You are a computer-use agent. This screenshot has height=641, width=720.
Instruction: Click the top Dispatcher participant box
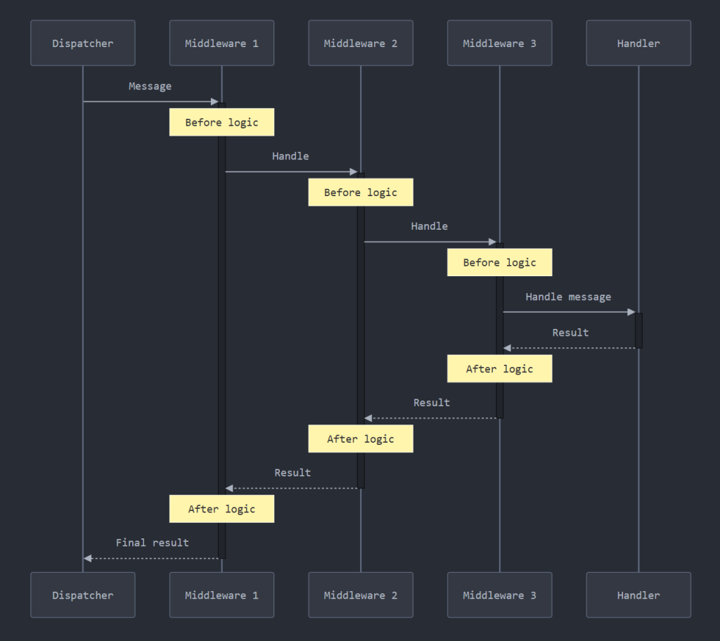point(82,43)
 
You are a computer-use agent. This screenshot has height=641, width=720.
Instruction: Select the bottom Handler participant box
point(638,595)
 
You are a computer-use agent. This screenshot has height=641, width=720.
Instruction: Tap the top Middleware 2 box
point(360,43)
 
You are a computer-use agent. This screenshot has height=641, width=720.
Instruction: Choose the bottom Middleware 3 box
point(499,595)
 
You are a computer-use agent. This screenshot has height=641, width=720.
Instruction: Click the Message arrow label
point(150,86)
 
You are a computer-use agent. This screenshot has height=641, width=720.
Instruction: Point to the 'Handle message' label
point(568,297)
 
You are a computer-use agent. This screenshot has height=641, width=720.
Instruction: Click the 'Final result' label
point(152,543)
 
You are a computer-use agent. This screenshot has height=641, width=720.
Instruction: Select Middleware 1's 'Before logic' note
point(221,122)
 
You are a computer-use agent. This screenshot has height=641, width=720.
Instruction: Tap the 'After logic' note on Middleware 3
point(499,368)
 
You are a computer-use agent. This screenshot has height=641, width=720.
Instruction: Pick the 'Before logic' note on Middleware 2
point(360,193)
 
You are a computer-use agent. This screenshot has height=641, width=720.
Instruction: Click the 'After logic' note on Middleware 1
point(221,509)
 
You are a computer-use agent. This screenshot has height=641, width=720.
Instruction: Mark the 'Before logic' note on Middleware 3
point(499,263)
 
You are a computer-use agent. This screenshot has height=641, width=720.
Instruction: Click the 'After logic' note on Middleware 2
point(360,439)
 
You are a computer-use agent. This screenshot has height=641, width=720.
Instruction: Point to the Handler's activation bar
point(638,330)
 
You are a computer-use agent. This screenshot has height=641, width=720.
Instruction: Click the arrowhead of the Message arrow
point(215,102)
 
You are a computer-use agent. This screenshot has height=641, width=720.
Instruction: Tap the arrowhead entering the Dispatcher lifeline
point(88,558)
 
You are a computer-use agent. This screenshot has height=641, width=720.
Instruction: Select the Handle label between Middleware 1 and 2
point(290,156)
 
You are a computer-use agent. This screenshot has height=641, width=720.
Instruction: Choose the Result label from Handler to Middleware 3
point(570,332)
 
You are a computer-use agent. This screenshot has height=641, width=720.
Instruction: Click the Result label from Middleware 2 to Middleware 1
point(292,472)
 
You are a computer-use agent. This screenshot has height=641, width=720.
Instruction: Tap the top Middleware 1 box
point(221,43)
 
